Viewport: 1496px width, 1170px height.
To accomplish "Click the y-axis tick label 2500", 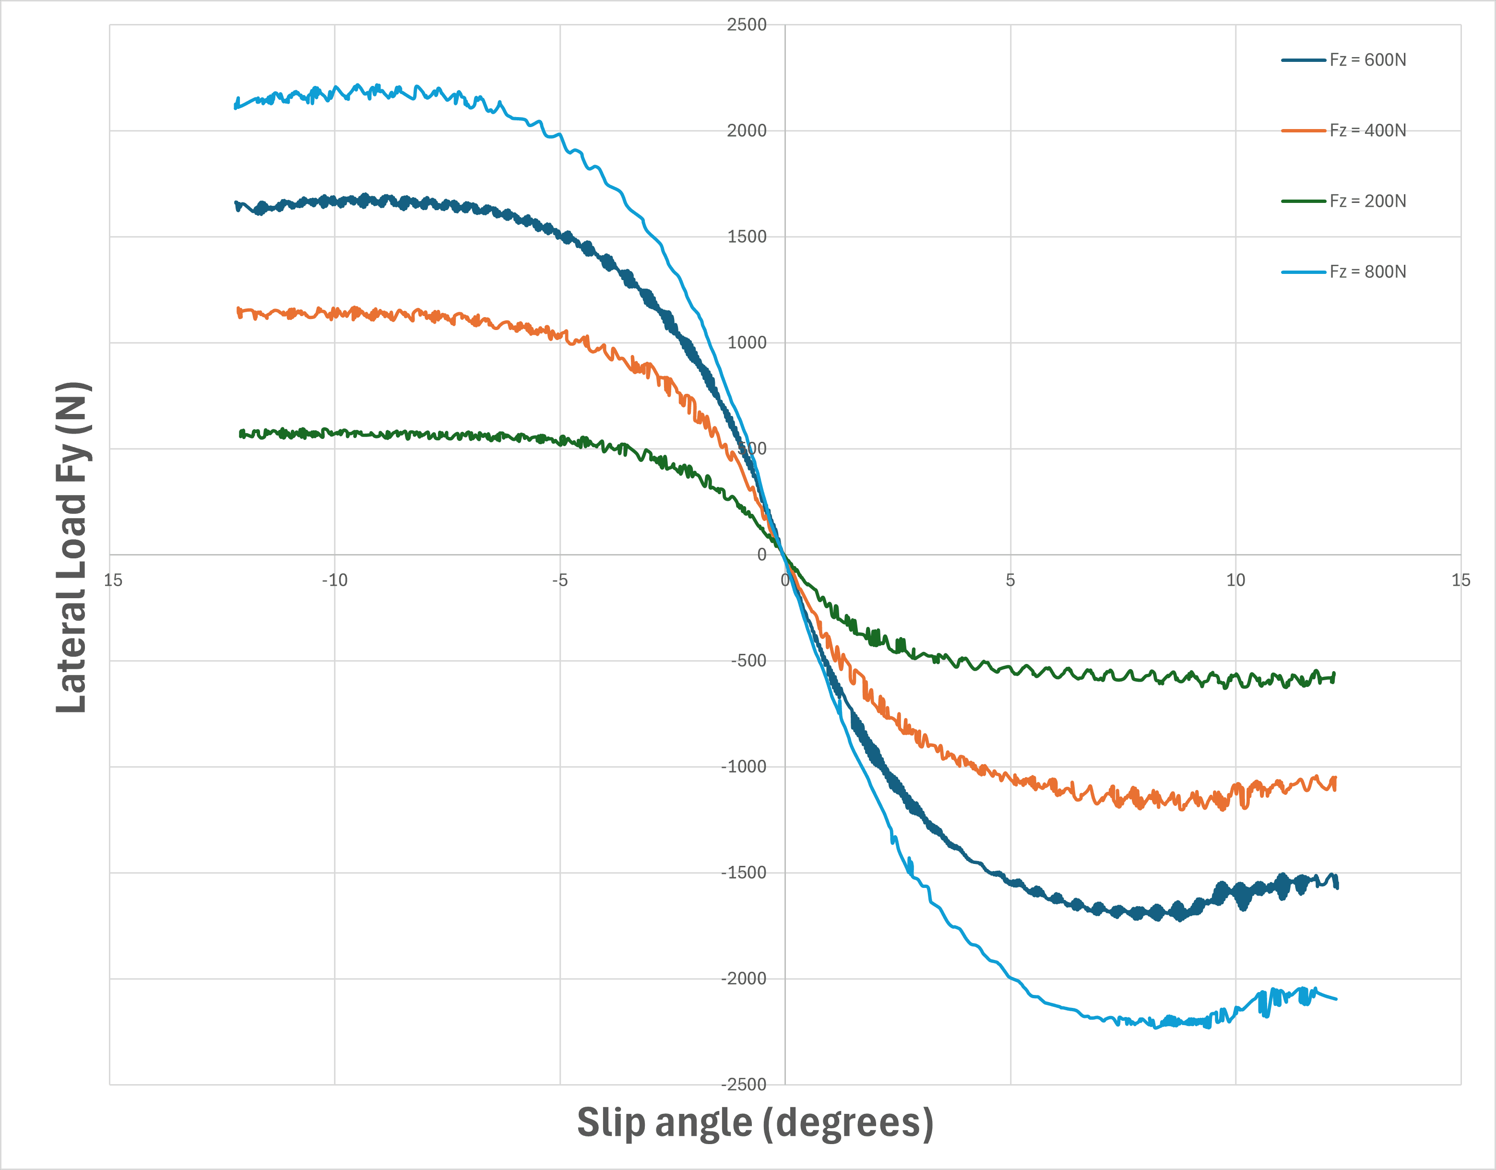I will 747,25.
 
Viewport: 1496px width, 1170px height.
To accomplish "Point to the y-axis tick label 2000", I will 747,131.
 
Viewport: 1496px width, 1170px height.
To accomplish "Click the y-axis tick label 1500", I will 747,237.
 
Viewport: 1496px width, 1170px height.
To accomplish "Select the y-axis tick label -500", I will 748,661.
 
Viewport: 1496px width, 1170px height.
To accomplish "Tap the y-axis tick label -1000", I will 744,767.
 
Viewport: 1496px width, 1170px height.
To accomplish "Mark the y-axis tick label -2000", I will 744,979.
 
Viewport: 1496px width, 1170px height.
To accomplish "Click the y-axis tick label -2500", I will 744,1085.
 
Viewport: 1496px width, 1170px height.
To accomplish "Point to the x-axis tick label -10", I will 335,581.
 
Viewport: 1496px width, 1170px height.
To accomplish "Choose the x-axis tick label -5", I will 560,581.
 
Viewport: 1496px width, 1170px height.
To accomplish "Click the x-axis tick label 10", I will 1235,581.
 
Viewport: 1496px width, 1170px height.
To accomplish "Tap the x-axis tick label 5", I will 1010,581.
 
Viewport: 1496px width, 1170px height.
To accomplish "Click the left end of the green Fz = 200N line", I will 240,434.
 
